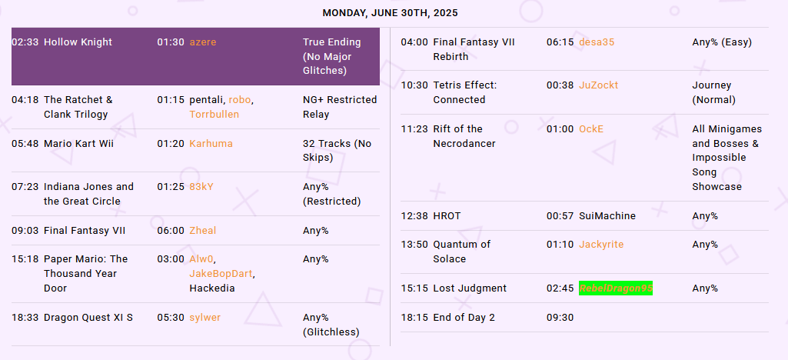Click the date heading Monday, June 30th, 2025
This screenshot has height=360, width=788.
coord(390,13)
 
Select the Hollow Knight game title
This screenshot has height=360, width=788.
coord(78,42)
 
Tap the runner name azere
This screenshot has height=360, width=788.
coord(202,42)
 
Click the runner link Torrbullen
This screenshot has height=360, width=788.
coord(214,114)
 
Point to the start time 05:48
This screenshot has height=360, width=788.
coord(25,144)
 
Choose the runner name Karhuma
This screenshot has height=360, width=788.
coord(211,144)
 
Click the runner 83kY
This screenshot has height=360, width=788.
coord(201,187)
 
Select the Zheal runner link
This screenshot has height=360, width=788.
coord(202,231)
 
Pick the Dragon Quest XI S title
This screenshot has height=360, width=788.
coord(88,318)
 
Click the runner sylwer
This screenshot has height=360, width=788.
coord(205,318)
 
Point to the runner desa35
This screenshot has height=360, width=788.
coord(597,42)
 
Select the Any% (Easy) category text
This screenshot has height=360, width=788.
coord(722,42)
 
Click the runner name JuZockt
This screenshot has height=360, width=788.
coord(599,85)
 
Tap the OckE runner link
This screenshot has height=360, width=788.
coord(591,129)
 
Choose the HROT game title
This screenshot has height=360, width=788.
coord(447,216)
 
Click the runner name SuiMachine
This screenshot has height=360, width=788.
coord(607,216)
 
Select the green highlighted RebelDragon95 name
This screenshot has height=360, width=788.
coord(616,288)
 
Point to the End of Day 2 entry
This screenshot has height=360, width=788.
coord(464,318)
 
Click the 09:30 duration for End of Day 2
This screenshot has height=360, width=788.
coord(560,318)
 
